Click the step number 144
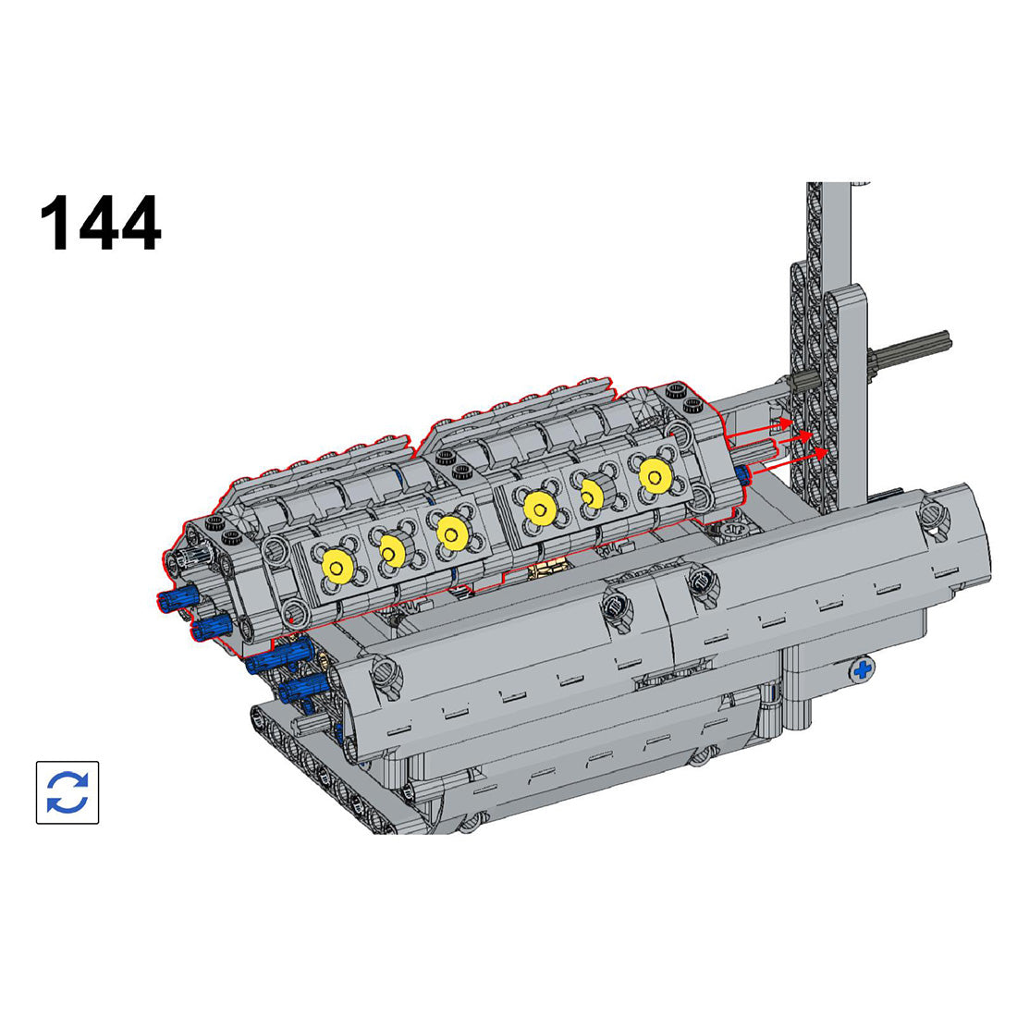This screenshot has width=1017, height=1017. (101, 223)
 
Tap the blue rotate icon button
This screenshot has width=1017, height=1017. (67, 792)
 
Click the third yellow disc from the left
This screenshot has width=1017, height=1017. (451, 532)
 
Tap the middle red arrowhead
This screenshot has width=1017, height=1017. (805, 436)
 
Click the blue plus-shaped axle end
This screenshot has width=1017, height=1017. (863, 670)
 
